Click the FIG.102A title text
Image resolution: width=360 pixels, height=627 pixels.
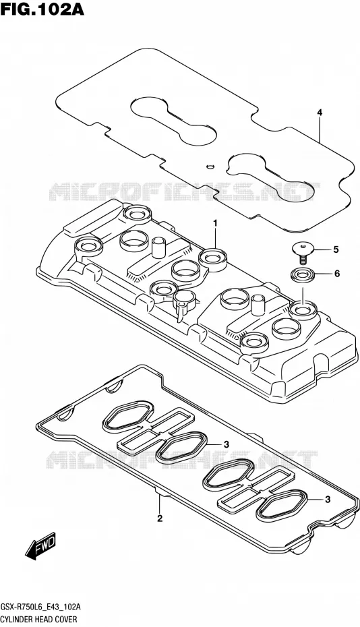[x=42, y=9]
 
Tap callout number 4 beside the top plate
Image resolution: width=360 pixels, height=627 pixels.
[x=320, y=113]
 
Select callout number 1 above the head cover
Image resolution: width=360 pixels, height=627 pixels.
[x=215, y=223]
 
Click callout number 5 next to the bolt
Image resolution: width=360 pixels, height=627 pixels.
[x=336, y=249]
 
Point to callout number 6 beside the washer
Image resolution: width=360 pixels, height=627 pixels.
[x=337, y=274]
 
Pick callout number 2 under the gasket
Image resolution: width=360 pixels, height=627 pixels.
[x=160, y=519]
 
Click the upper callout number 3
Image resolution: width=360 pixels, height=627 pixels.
[x=226, y=444]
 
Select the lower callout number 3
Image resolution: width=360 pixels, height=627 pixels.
[x=328, y=499]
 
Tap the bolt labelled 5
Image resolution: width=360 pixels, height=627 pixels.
[x=303, y=252]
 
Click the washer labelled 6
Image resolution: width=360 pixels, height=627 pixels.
[x=302, y=275]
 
